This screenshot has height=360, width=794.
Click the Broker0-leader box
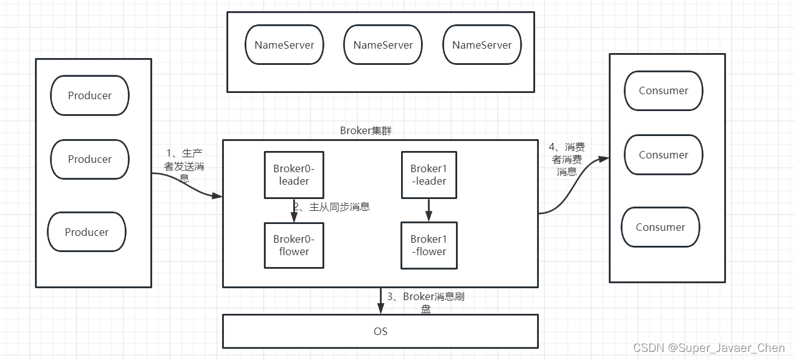[x=294, y=175]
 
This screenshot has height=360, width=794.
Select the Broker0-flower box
[x=294, y=245]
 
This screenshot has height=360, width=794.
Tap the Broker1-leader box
[x=428, y=175]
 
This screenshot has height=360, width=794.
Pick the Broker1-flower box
[x=428, y=245]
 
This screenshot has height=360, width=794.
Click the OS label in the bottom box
[x=380, y=331]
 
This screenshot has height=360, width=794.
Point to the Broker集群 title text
[x=366, y=130]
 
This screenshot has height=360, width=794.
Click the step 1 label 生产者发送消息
[x=183, y=165]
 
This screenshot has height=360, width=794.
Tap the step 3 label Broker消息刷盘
[x=425, y=302]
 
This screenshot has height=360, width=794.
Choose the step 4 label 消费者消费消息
[x=566, y=159]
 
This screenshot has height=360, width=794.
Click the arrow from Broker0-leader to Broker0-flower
[x=294, y=211]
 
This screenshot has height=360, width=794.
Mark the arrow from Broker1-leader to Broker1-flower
[x=428, y=210]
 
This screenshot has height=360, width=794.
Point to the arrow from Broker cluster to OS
[x=380, y=301]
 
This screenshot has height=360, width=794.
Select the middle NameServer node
[x=383, y=45]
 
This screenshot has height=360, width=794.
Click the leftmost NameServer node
[x=284, y=45]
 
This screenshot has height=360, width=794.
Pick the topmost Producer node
[x=90, y=95]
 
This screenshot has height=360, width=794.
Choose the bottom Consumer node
[x=661, y=227]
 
